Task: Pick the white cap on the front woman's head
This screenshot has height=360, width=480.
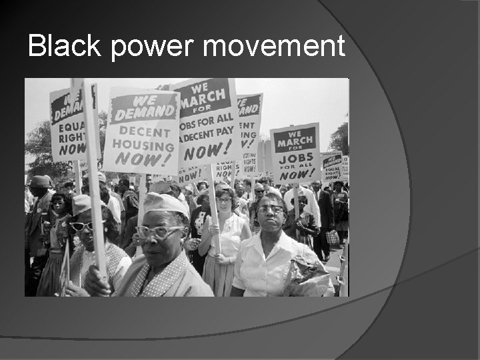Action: point(166,203)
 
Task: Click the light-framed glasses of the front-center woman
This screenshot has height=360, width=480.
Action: point(159,232)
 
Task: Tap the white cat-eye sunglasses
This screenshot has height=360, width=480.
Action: point(83,225)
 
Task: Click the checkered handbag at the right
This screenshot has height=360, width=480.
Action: point(332,237)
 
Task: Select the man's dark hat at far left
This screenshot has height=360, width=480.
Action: point(39,181)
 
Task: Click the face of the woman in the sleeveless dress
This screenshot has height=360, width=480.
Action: point(223,200)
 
